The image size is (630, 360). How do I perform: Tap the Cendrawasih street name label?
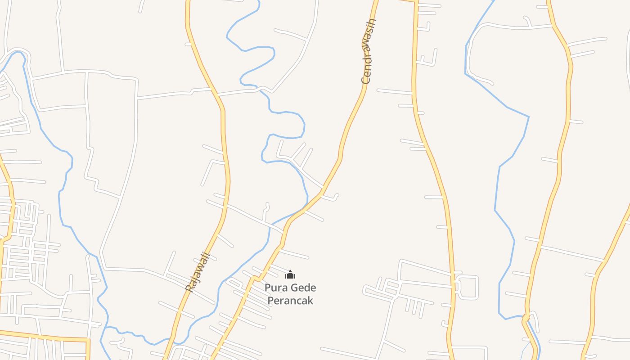[x=369, y=51]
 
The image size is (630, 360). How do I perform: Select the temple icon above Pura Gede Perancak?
[x=290, y=274]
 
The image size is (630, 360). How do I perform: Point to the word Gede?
[x=304, y=288]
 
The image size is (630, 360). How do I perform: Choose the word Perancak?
[x=290, y=300]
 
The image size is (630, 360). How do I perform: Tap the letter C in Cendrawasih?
[x=366, y=80]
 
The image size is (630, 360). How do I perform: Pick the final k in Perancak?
[x=310, y=300]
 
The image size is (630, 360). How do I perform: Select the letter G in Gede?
[x=295, y=288]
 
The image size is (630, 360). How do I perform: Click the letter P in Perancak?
[x=271, y=300]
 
